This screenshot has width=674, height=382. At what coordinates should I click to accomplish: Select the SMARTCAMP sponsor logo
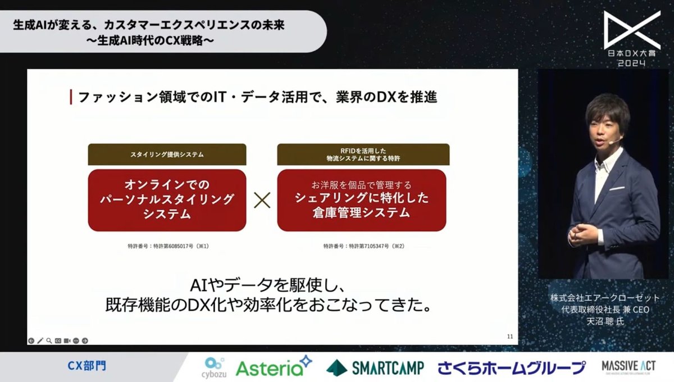[x=375, y=368]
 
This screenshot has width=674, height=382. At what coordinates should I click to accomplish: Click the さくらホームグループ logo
[x=511, y=368]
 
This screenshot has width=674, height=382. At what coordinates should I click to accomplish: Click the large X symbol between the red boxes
[x=262, y=201]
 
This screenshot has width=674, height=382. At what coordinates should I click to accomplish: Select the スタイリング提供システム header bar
[x=167, y=154]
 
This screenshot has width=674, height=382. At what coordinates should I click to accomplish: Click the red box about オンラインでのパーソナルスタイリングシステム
[x=167, y=200]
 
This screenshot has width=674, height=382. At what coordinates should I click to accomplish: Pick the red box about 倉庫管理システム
[x=361, y=200]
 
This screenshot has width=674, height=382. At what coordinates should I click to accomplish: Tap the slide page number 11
[x=510, y=336]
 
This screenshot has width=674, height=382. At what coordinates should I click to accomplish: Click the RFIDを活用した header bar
[x=361, y=154]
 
